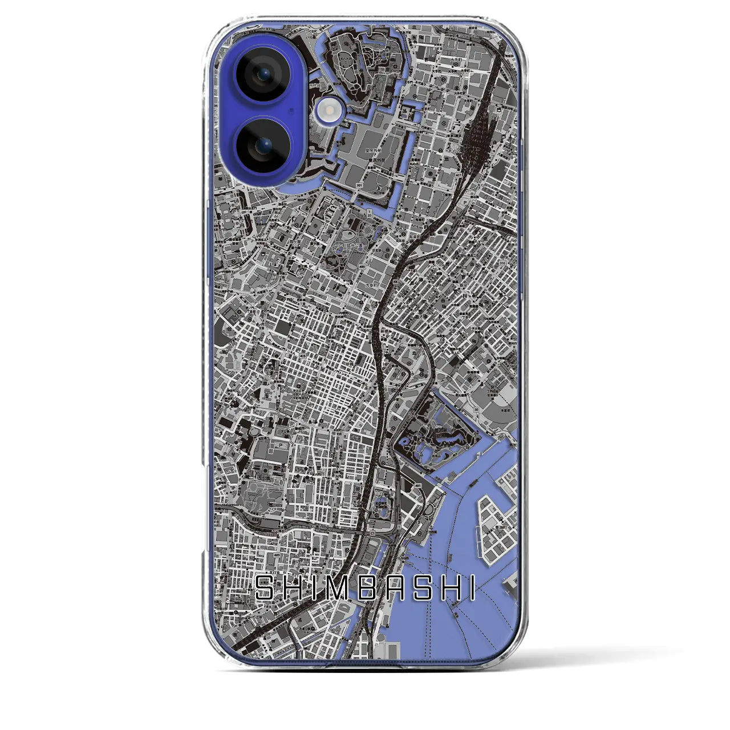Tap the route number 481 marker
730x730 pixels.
point(419,485)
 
